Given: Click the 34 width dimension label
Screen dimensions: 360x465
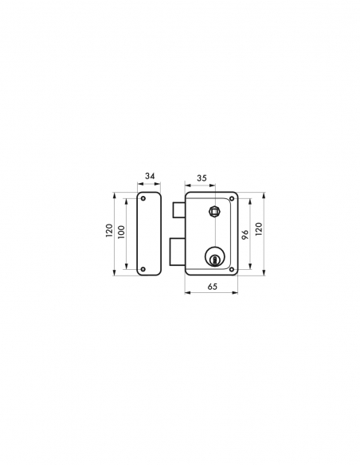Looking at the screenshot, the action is point(150,176).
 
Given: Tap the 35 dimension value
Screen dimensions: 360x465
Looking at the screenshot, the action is point(202,178).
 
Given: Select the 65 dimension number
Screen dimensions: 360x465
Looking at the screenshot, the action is point(213,286).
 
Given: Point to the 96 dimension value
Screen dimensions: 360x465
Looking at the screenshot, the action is point(245,234).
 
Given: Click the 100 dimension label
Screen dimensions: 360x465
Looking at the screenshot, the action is point(122,232).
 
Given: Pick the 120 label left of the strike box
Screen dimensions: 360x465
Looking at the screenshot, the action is point(109,230).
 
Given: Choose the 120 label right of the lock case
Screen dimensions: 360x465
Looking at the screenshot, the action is point(259,229).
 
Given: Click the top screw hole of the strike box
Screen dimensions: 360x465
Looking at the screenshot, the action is point(143,198).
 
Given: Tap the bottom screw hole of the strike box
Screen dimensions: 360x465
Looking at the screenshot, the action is point(143,269).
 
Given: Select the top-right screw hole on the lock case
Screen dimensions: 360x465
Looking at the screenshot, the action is point(232,198).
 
